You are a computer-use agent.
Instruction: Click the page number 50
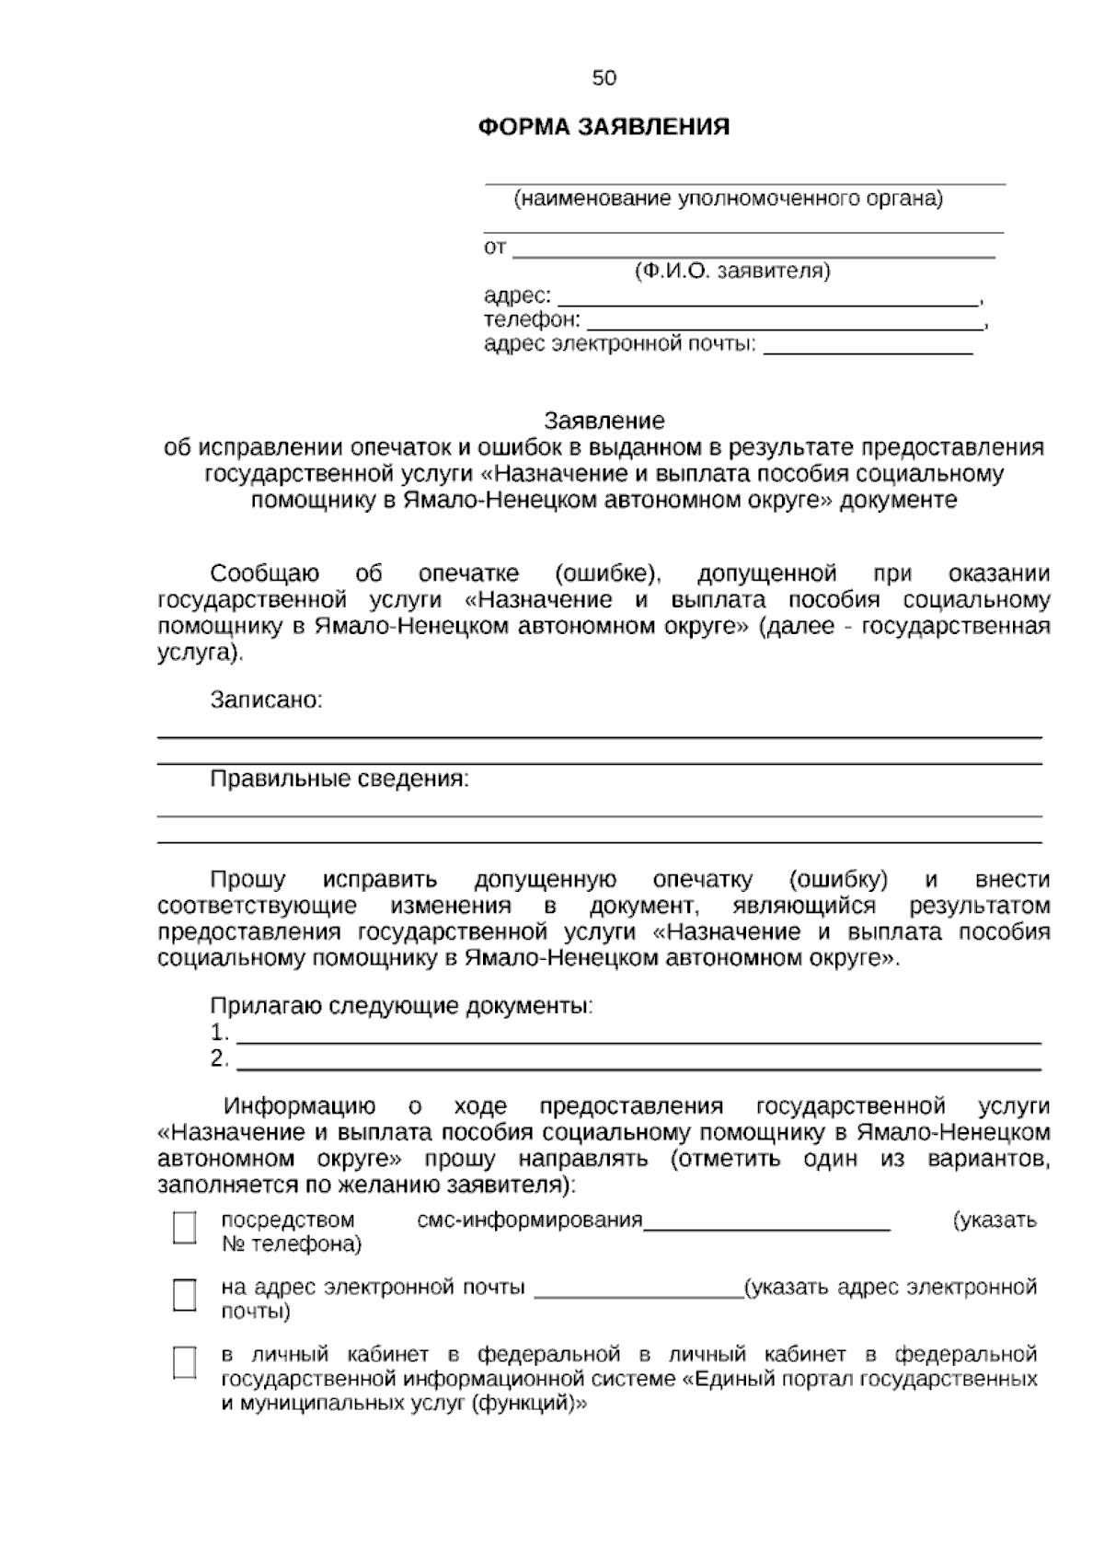604,78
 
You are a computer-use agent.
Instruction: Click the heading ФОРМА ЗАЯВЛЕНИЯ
604,127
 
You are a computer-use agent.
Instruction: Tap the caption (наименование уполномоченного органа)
728,199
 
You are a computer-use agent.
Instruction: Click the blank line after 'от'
753,249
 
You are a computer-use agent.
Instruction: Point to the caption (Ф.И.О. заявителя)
731,272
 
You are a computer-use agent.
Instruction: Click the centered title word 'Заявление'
604,422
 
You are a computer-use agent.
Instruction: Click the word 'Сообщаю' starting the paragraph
265,574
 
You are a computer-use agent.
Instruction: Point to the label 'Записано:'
267,700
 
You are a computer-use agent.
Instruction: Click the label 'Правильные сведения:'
339,780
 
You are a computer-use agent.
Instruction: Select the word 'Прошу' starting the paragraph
247,880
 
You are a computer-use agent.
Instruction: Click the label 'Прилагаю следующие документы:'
402,1006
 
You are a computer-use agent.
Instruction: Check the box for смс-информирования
185,1228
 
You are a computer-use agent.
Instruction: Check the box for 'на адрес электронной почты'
185,1295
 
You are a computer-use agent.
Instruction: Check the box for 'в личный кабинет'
185,1362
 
